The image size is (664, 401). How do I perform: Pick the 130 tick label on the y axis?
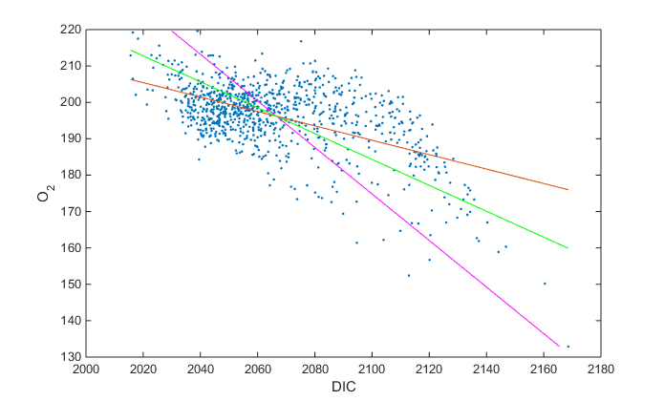tap(70, 357)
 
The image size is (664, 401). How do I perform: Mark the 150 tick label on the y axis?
tap(70, 285)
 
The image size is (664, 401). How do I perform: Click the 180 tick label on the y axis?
tap(70, 175)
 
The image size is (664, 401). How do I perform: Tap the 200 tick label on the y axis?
tap(70, 102)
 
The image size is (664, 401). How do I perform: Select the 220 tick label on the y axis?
tap(70, 30)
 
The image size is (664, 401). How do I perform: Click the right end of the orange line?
tap(568, 189)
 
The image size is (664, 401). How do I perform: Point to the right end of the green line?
tap(568, 248)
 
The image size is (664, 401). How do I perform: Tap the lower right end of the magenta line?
tap(559, 346)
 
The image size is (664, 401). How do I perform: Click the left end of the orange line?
tap(131, 79)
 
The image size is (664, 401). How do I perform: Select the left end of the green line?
tap(131, 50)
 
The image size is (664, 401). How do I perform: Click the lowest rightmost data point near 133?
tap(568, 347)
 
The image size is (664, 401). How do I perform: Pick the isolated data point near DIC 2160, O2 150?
tap(545, 284)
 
